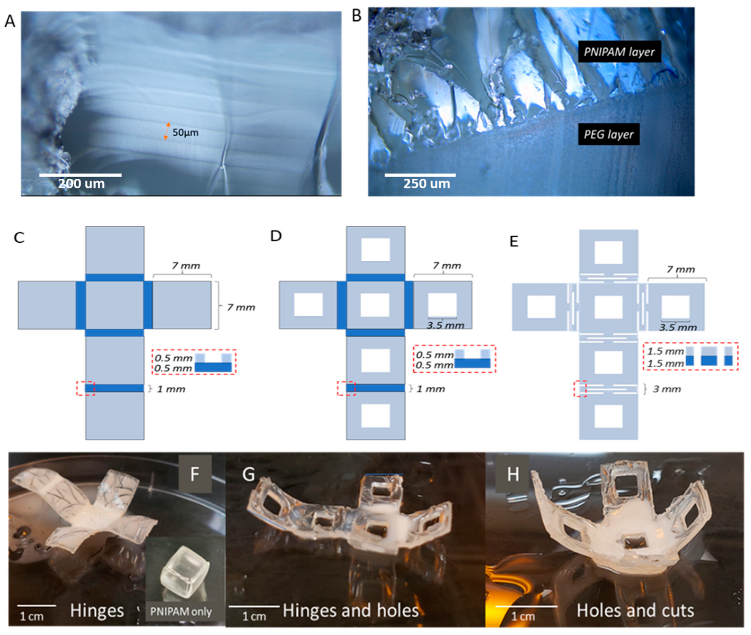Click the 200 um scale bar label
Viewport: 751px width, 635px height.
point(81,184)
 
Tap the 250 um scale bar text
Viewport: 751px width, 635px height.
point(427,184)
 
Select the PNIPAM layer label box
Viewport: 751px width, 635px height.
point(619,52)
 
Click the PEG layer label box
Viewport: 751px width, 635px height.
point(608,134)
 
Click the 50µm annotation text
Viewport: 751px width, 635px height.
point(185,133)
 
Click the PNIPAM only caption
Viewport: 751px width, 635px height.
point(181,612)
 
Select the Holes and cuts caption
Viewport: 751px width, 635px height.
point(635,610)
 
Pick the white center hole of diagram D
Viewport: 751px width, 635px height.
point(375,305)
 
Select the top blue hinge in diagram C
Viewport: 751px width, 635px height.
point(115,277)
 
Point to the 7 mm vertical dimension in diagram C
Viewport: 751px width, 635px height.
point(241,307)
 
